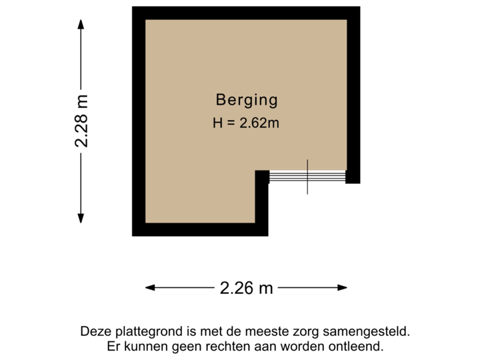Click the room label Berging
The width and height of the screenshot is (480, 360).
[x=246, y=101]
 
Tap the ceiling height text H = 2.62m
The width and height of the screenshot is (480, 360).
[x=246, y=123]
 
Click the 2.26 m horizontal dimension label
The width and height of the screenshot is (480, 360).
[x=246, y=288]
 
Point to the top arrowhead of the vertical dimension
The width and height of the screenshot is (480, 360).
[x=81, y=23]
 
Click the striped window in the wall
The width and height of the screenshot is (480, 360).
[x=307, y=177]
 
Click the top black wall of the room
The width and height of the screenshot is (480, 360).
[x=245, y=13]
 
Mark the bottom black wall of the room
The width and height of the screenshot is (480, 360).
[x=199, y=229]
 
